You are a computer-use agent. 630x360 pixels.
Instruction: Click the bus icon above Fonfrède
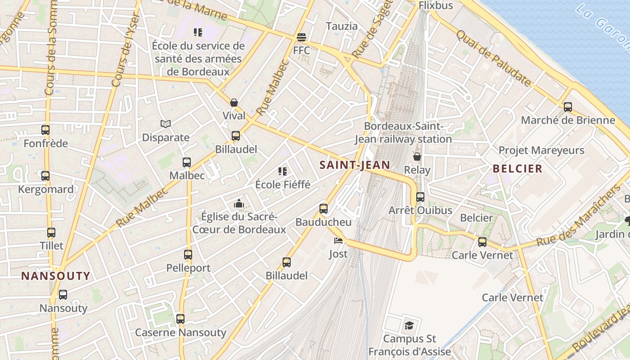click(45, 130)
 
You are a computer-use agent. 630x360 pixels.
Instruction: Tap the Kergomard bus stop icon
click(45, 176)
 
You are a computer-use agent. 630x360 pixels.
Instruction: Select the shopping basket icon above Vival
click(234, 103)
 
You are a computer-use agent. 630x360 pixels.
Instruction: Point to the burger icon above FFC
click(301, 37)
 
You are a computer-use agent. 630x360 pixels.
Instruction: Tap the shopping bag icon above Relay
click(417, 157)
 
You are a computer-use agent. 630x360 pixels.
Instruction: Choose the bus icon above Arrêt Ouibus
click(420, 197)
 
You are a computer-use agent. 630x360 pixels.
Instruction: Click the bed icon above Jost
click(338, 240)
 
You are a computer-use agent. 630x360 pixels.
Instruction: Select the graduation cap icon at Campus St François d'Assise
click(409, 325)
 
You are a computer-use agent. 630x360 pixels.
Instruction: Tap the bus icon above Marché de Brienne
click(568, 107)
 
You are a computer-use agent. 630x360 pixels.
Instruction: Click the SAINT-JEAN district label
click(355, 165)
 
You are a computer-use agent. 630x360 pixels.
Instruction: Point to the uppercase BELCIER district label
click(517, 169)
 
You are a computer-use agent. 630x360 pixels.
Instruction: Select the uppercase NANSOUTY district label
click(56, 276)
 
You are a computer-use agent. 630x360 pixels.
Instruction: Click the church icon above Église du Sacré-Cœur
click(238, 204)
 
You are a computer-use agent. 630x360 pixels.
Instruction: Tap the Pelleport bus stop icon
click(188, 255)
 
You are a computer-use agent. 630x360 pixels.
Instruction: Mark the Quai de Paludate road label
click(494, 58)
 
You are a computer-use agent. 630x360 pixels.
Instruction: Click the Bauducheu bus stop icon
click(324, 208)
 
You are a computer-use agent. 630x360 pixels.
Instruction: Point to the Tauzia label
click(342, 26)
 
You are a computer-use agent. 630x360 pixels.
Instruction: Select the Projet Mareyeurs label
click(541, 150)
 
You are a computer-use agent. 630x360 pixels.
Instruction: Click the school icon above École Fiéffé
click(283, 171)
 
